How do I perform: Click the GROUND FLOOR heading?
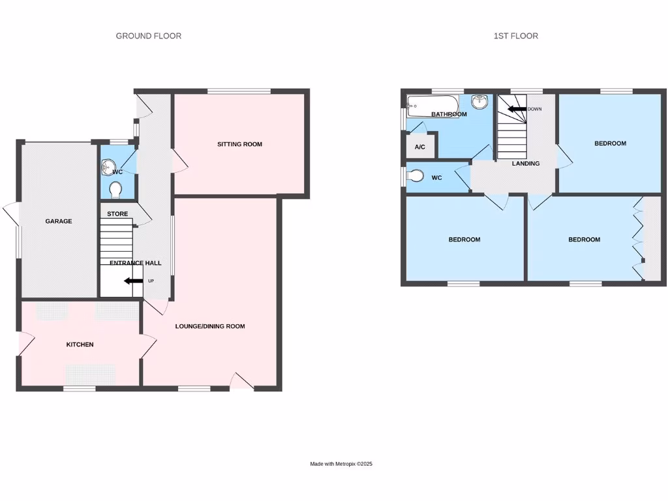[149, 36]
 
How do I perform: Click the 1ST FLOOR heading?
[516, 36]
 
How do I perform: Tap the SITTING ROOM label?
[239, 144]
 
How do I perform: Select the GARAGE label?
[59, 221]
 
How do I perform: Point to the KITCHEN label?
[80, 344]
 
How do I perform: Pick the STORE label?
[117, 214]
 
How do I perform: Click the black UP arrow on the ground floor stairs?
[134, 281]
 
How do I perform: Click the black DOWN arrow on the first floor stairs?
[517, 109]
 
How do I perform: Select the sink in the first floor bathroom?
[479, 101]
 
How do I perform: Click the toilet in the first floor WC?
[415, 176]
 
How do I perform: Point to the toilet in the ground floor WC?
[115, 189]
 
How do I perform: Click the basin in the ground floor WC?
[108, 167]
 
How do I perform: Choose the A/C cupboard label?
[420, 147]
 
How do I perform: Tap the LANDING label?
[525, 164]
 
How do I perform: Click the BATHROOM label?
[449, 114]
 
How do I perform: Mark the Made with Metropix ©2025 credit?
[341, 464]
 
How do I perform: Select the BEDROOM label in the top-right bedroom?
[610, 144]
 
